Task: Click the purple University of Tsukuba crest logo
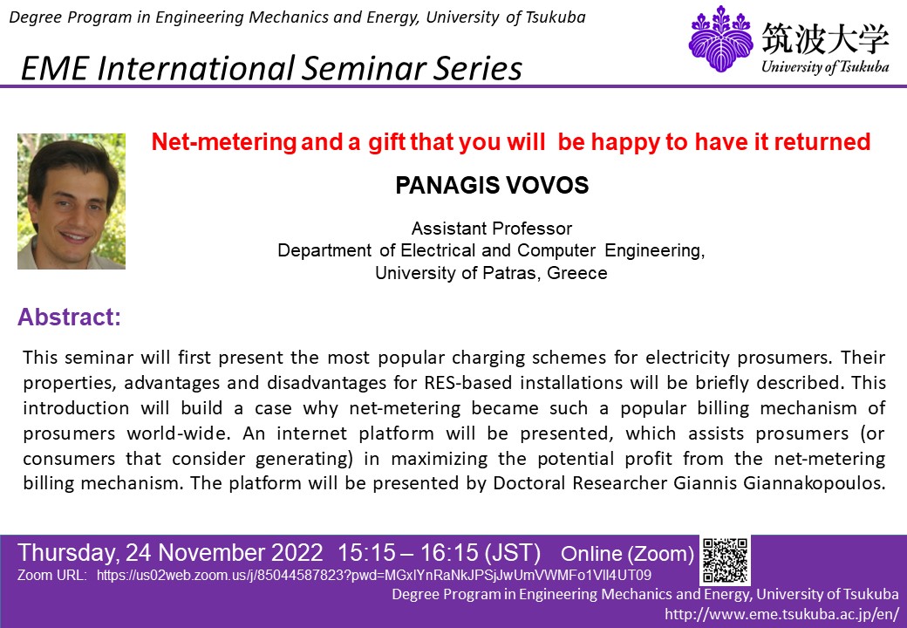720,38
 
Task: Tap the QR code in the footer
726,560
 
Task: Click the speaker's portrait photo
72,201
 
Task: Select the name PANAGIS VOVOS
492,185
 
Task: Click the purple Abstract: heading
70,317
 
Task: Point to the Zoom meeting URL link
373,576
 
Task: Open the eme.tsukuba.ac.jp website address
782,613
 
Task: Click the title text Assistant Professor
492,229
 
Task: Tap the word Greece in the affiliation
577,272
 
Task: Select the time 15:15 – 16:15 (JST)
439,553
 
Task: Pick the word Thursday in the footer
67,553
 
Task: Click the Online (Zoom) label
627,553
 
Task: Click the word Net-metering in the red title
224,141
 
